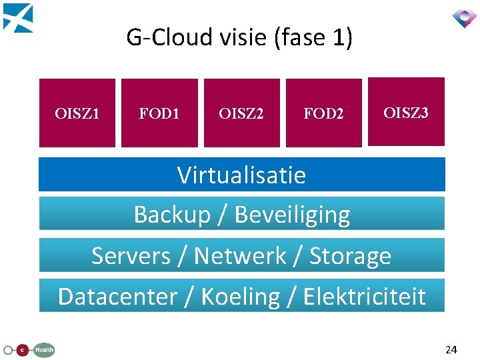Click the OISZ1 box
coord(77,113)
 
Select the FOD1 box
coord(159,113)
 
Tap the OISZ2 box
coord(242,113)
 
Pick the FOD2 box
coord(324,113)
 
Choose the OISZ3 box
coord(406,112)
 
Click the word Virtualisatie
coord(241,175)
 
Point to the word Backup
coord(173,215)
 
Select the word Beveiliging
coord(293,215)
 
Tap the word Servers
coord(131,255)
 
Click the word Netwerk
coord(240,255)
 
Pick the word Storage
coord(350,257)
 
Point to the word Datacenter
coord(118,296)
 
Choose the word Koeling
coord(241,297)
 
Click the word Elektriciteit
coord(365,296)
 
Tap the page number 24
coord(451,349)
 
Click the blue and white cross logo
coord(18,18)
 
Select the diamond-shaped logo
coord(465,18)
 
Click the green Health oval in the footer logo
coord(44,350)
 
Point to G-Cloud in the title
coord(169,37)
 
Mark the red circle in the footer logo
coord(22,350)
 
